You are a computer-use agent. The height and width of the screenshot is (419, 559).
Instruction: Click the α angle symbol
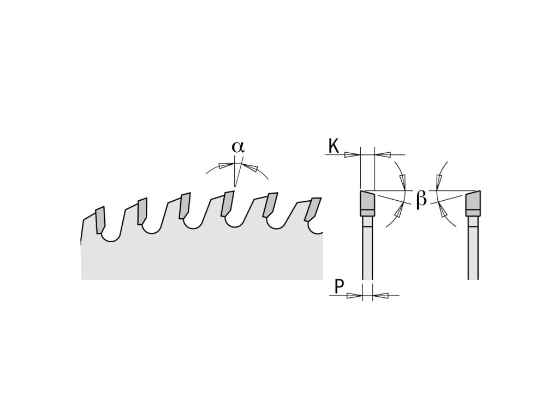237,147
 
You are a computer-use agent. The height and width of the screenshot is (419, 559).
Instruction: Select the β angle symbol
421,199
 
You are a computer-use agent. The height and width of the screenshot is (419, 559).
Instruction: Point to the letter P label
340,287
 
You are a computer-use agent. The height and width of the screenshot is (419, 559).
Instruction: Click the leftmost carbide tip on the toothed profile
100,220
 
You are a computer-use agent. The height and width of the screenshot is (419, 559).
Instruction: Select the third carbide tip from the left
185,206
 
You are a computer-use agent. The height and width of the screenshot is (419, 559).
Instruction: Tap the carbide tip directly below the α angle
227,204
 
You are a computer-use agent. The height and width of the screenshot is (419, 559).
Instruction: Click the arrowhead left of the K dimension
352,154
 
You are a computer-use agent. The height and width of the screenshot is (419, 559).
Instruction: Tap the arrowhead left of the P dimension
355,296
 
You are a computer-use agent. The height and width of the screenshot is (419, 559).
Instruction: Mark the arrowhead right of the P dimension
380,296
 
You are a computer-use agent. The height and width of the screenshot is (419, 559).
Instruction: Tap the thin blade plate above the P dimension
367,251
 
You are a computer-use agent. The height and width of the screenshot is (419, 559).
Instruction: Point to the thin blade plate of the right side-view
473,251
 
